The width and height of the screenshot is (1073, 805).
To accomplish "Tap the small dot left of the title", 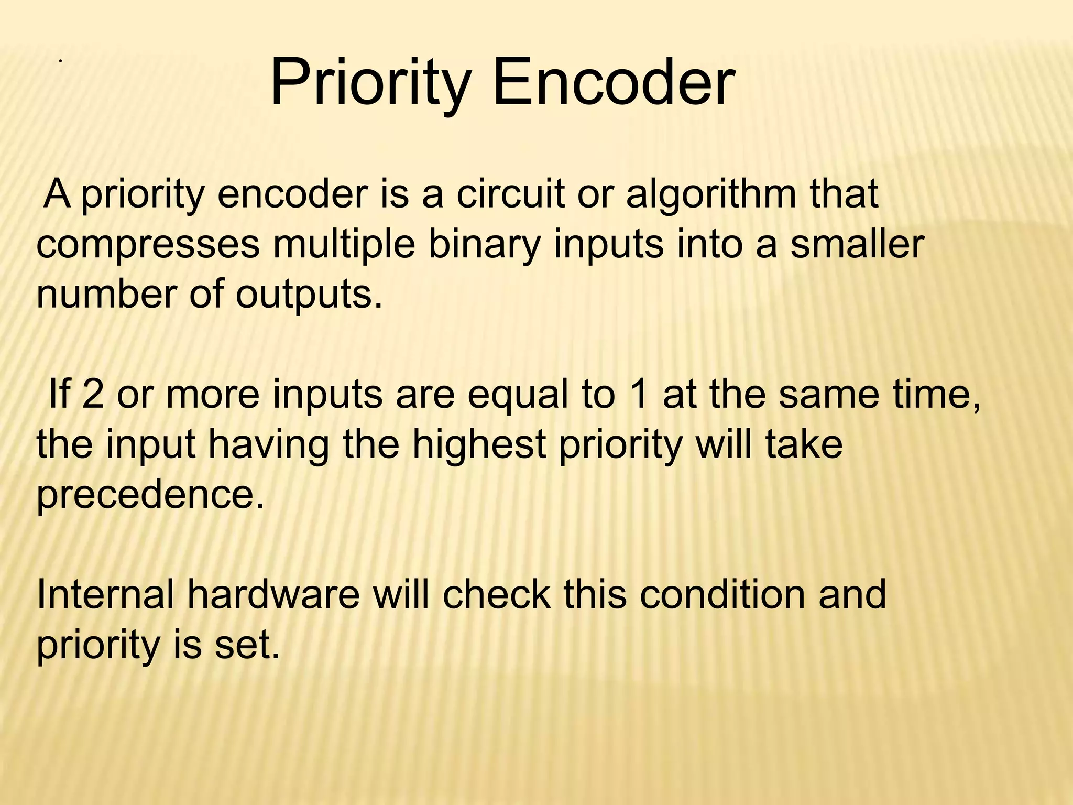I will [x=61, y=62].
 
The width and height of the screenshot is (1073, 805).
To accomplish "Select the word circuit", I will [x=510, y=194].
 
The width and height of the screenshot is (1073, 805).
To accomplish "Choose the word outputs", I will [x=309, y=295].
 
